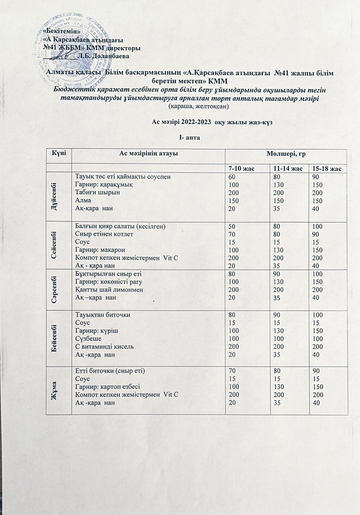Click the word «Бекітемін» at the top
coord(61,31)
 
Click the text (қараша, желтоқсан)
coord(198,106)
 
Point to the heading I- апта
coord(189,137)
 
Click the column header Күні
coord(59,154)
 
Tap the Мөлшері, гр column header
coord(285,154)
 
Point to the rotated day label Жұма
coord(58,390)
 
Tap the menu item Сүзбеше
coord(88,339)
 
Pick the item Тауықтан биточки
coord(103,315)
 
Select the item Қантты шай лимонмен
coord(109,290)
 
